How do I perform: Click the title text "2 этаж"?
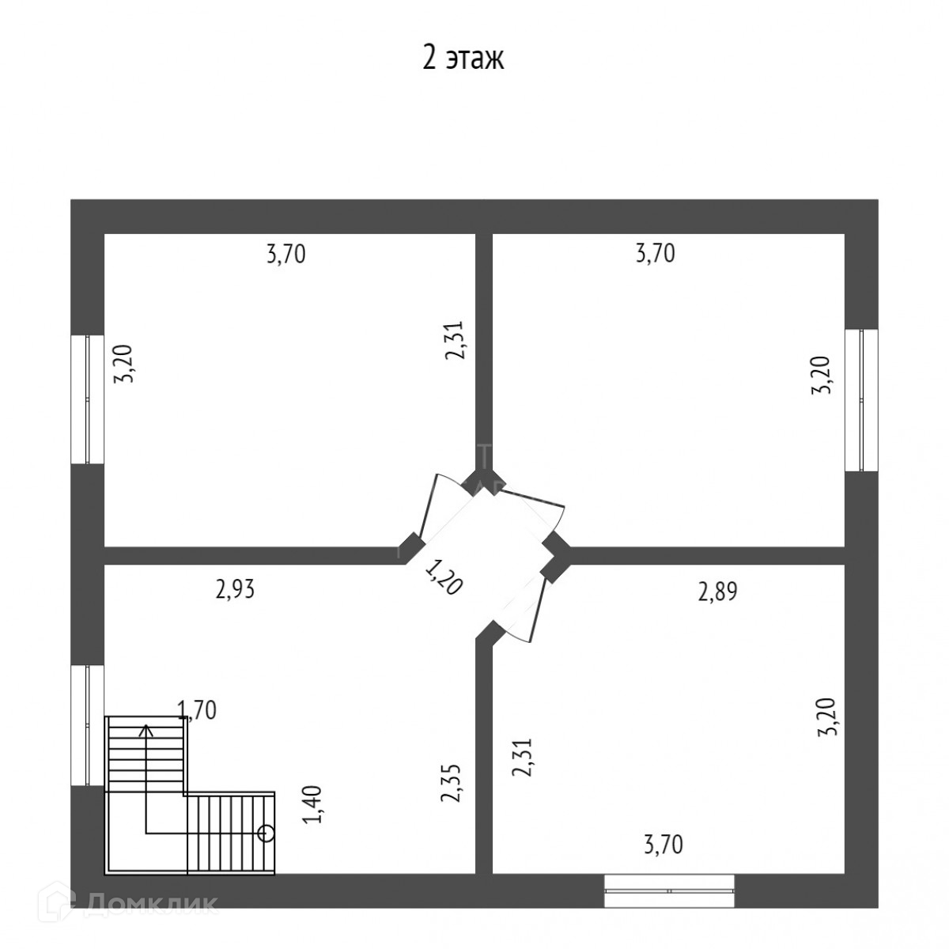[463, 59]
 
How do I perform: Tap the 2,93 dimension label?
[235, 590]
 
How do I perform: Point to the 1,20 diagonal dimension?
[443, 577]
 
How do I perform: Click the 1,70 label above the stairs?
[197, 710]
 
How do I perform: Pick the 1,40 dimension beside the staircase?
[313, 804]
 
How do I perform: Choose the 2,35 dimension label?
[450, 784]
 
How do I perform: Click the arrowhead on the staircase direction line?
[146, 729]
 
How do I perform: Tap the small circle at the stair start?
[267, 832]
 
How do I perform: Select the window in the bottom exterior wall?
[669, 890]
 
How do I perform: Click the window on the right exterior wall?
[861, 399]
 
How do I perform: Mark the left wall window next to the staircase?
[88, 726]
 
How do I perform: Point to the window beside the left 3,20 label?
[88, 399]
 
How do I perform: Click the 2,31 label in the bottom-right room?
[522, 757]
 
